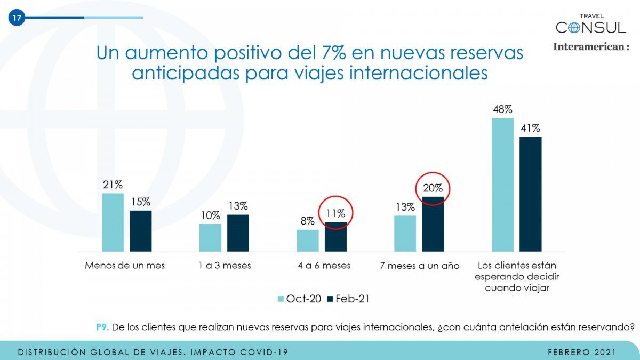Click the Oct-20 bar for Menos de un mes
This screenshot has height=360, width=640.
pyautogui.click(x=113, y=222)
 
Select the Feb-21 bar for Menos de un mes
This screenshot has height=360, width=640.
pyautogui.click(x=140, y=231)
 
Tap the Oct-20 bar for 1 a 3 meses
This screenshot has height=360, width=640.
pyautogui.click(x=210, y=238)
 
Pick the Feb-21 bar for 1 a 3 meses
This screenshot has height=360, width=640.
pyautogui.click(x=238, y=233)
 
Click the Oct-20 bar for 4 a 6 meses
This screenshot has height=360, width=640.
pyautogui.click(x=308, y=241)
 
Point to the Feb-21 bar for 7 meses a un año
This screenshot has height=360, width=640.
pyautogui.click(x=433, y=224)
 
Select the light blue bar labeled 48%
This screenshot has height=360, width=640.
pyautogui.click(x=502, y=185)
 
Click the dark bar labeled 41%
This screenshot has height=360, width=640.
pyautogui.click(x=530, y=194)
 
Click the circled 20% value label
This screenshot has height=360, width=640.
pyautogui.click(x=433, y=188)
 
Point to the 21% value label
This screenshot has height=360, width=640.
pyautogui.click(x=113, y=185)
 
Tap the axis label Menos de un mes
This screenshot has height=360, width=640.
pyautogui.click(x=125, y=266)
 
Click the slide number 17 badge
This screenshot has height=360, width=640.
pyautogui.click(x=17, y=18)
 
